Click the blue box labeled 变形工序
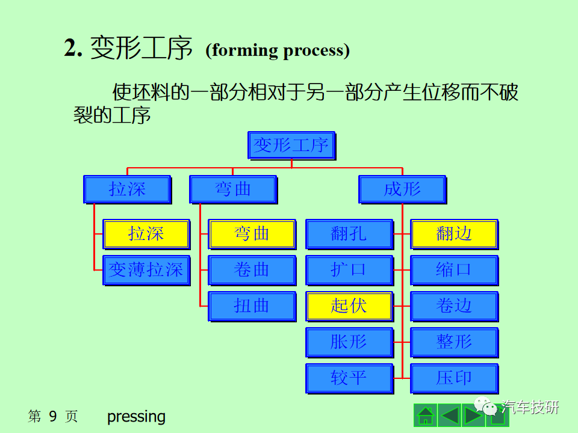291,146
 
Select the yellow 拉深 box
146,234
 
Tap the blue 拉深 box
127,189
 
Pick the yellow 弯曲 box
252,234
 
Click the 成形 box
403,189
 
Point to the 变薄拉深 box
146,270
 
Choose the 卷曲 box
252,270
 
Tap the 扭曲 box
252,306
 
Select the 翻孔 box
349,234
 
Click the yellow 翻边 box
455,234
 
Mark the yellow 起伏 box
349,306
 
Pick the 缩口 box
455,270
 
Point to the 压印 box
455,378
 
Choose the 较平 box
349,378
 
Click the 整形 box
455,342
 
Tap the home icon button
426,416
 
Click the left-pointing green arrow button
449,416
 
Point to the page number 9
53,416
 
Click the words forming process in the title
278,51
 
